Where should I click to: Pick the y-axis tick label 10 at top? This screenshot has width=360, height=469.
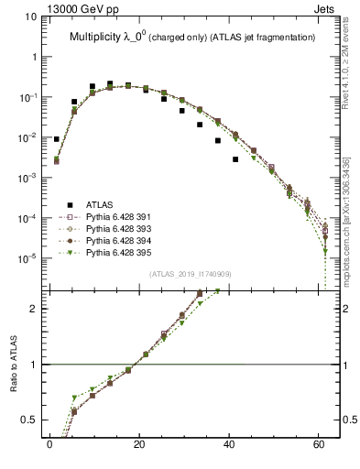click(31, 16)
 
